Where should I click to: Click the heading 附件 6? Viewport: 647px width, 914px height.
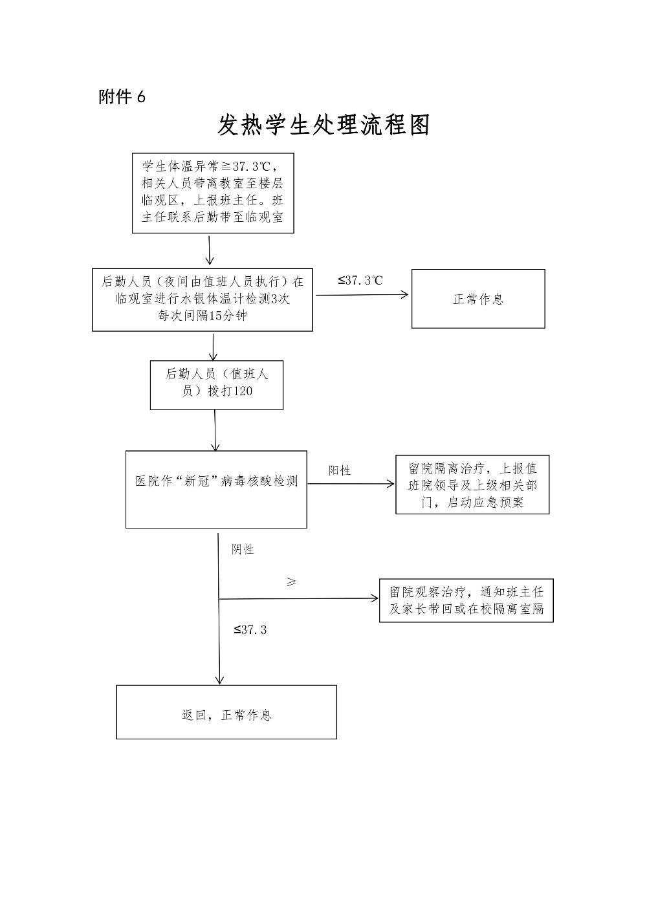122,97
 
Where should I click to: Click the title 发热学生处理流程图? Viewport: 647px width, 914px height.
323,125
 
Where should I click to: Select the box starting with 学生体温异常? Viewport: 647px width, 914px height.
213,193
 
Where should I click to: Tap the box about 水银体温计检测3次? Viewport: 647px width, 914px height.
203,299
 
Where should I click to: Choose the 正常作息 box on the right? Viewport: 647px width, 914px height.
478,299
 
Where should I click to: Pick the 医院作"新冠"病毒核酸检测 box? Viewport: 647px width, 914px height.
216,489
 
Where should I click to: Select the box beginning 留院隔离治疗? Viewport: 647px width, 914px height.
472,484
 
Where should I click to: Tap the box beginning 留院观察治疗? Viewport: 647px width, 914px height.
466,600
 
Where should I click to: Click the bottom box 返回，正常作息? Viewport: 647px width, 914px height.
226,712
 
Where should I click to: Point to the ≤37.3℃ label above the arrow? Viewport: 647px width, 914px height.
360,281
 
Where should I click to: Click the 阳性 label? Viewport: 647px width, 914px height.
340,470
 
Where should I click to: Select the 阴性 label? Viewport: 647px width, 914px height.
243,549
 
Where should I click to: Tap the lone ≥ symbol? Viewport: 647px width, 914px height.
291,582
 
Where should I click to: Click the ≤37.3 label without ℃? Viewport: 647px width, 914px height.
250,629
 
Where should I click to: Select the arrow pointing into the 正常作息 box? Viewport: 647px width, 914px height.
362,296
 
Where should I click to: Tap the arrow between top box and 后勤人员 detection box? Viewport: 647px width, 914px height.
210,250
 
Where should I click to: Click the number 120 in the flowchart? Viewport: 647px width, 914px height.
242,391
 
